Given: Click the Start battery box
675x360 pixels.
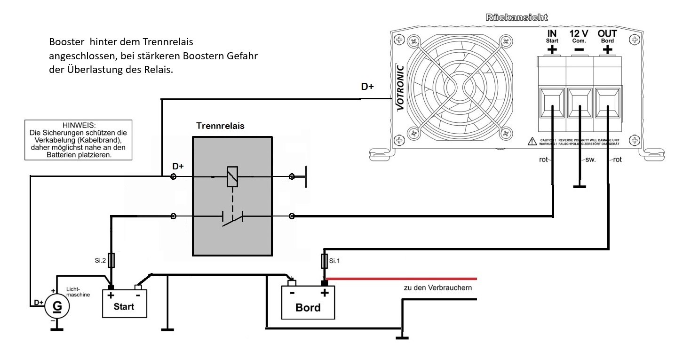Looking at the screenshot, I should tap(125, 304).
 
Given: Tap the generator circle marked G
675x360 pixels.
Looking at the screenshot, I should tap(57, 306).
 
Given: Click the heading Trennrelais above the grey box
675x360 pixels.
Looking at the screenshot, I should tap(220, 126).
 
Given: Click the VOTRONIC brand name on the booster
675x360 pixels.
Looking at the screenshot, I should tap(399, 85).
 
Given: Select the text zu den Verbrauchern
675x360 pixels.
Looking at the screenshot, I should tap(437, 288).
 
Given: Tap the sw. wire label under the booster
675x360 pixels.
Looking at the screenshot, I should tap(591, 160).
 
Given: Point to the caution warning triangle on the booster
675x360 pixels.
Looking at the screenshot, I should tap(532, 140).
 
